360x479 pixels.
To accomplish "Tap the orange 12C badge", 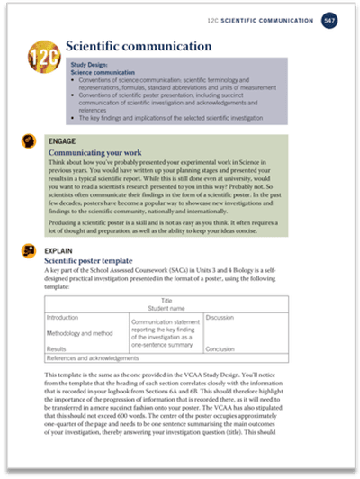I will [x=44, y=51].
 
